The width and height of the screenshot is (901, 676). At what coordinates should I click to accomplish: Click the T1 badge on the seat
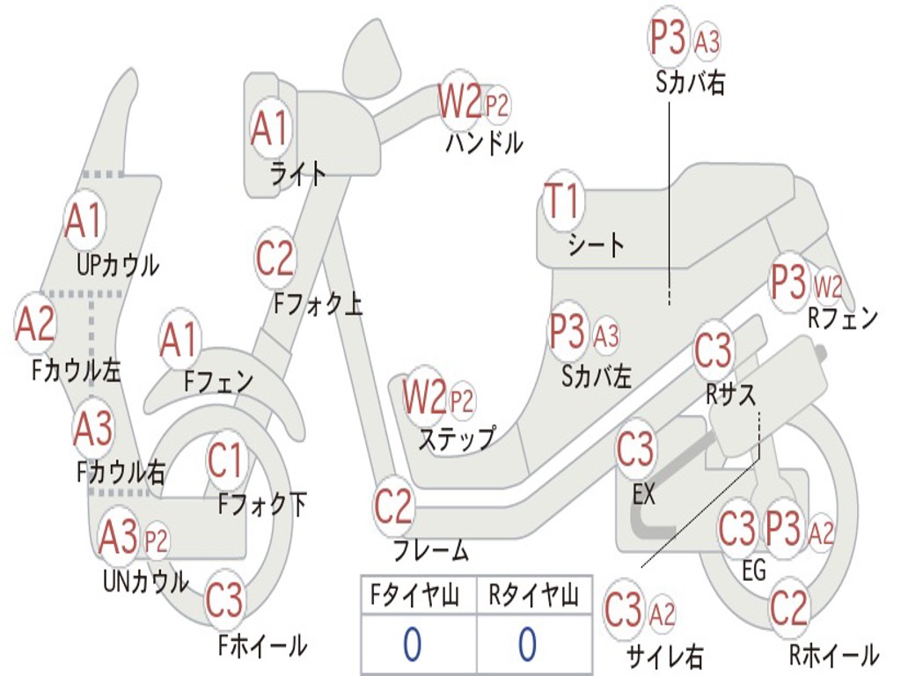click(564, 201)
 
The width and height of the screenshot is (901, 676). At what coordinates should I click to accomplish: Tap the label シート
click(596, 246)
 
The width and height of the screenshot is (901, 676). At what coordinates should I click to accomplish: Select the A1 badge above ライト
click(269, 128)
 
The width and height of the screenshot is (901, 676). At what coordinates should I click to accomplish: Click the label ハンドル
click(485, 143)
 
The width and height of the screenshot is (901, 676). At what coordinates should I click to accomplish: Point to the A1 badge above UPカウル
click(84, 221)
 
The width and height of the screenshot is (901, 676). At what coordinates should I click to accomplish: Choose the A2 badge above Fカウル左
click(35, 324)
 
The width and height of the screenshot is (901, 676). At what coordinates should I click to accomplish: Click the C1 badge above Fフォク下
click(226, 460)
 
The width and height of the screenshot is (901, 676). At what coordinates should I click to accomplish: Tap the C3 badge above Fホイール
click(224, 599)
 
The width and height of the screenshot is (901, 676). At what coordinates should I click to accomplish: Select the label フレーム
click(431, 551)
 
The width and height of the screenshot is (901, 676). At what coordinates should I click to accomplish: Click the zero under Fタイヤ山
click(413, 644)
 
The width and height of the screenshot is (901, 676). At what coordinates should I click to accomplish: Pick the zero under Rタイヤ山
click(528, 644)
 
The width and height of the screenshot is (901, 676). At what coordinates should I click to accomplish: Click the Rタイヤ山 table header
click(534, 595)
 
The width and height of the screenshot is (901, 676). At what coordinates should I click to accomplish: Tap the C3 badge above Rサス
click(714, 350)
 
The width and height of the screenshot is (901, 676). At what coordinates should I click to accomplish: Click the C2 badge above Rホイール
click(789, 607)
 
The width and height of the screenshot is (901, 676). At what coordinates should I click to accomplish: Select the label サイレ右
click(664, 656)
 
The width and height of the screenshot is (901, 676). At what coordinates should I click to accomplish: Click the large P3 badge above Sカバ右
click(669, 37)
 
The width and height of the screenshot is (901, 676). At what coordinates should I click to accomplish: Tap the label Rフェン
click(843, 318)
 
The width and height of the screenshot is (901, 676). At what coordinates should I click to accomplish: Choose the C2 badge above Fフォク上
click(275, 258)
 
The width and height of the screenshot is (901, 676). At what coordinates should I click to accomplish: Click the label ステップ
click(457, 438)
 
